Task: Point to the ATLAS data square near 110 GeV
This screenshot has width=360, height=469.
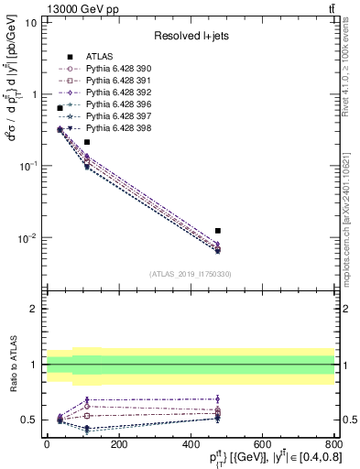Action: coord(87,142)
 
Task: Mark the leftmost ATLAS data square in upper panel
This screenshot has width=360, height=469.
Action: coord(60,108)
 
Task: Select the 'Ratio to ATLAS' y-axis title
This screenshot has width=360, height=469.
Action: coord(12,365)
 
